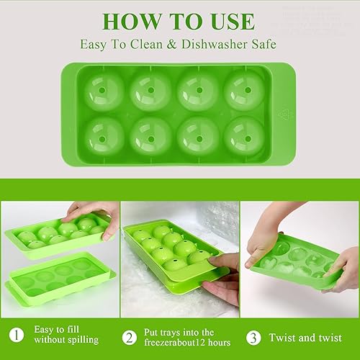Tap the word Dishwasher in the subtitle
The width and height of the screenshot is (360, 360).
(206, 45)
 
